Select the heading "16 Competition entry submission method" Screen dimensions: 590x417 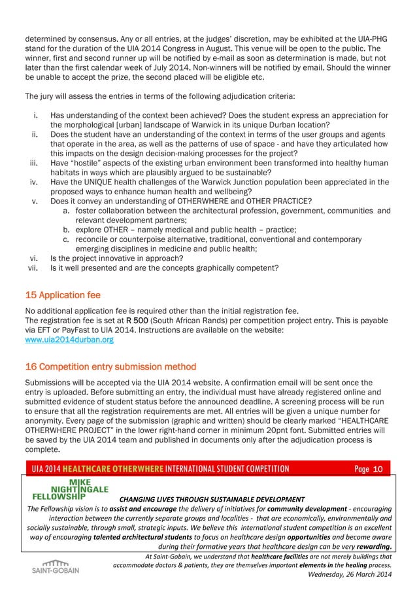point(110,365)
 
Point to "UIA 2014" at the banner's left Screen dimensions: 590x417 point(46,469)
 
